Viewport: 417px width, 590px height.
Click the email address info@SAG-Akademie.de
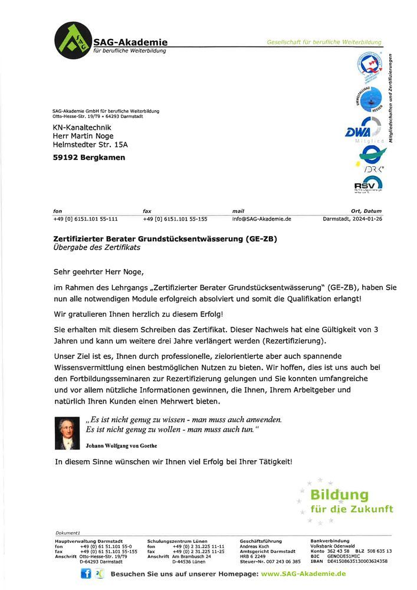[262, 219]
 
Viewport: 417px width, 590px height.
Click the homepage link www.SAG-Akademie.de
[303, 573]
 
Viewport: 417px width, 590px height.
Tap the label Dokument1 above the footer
[68, 532]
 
